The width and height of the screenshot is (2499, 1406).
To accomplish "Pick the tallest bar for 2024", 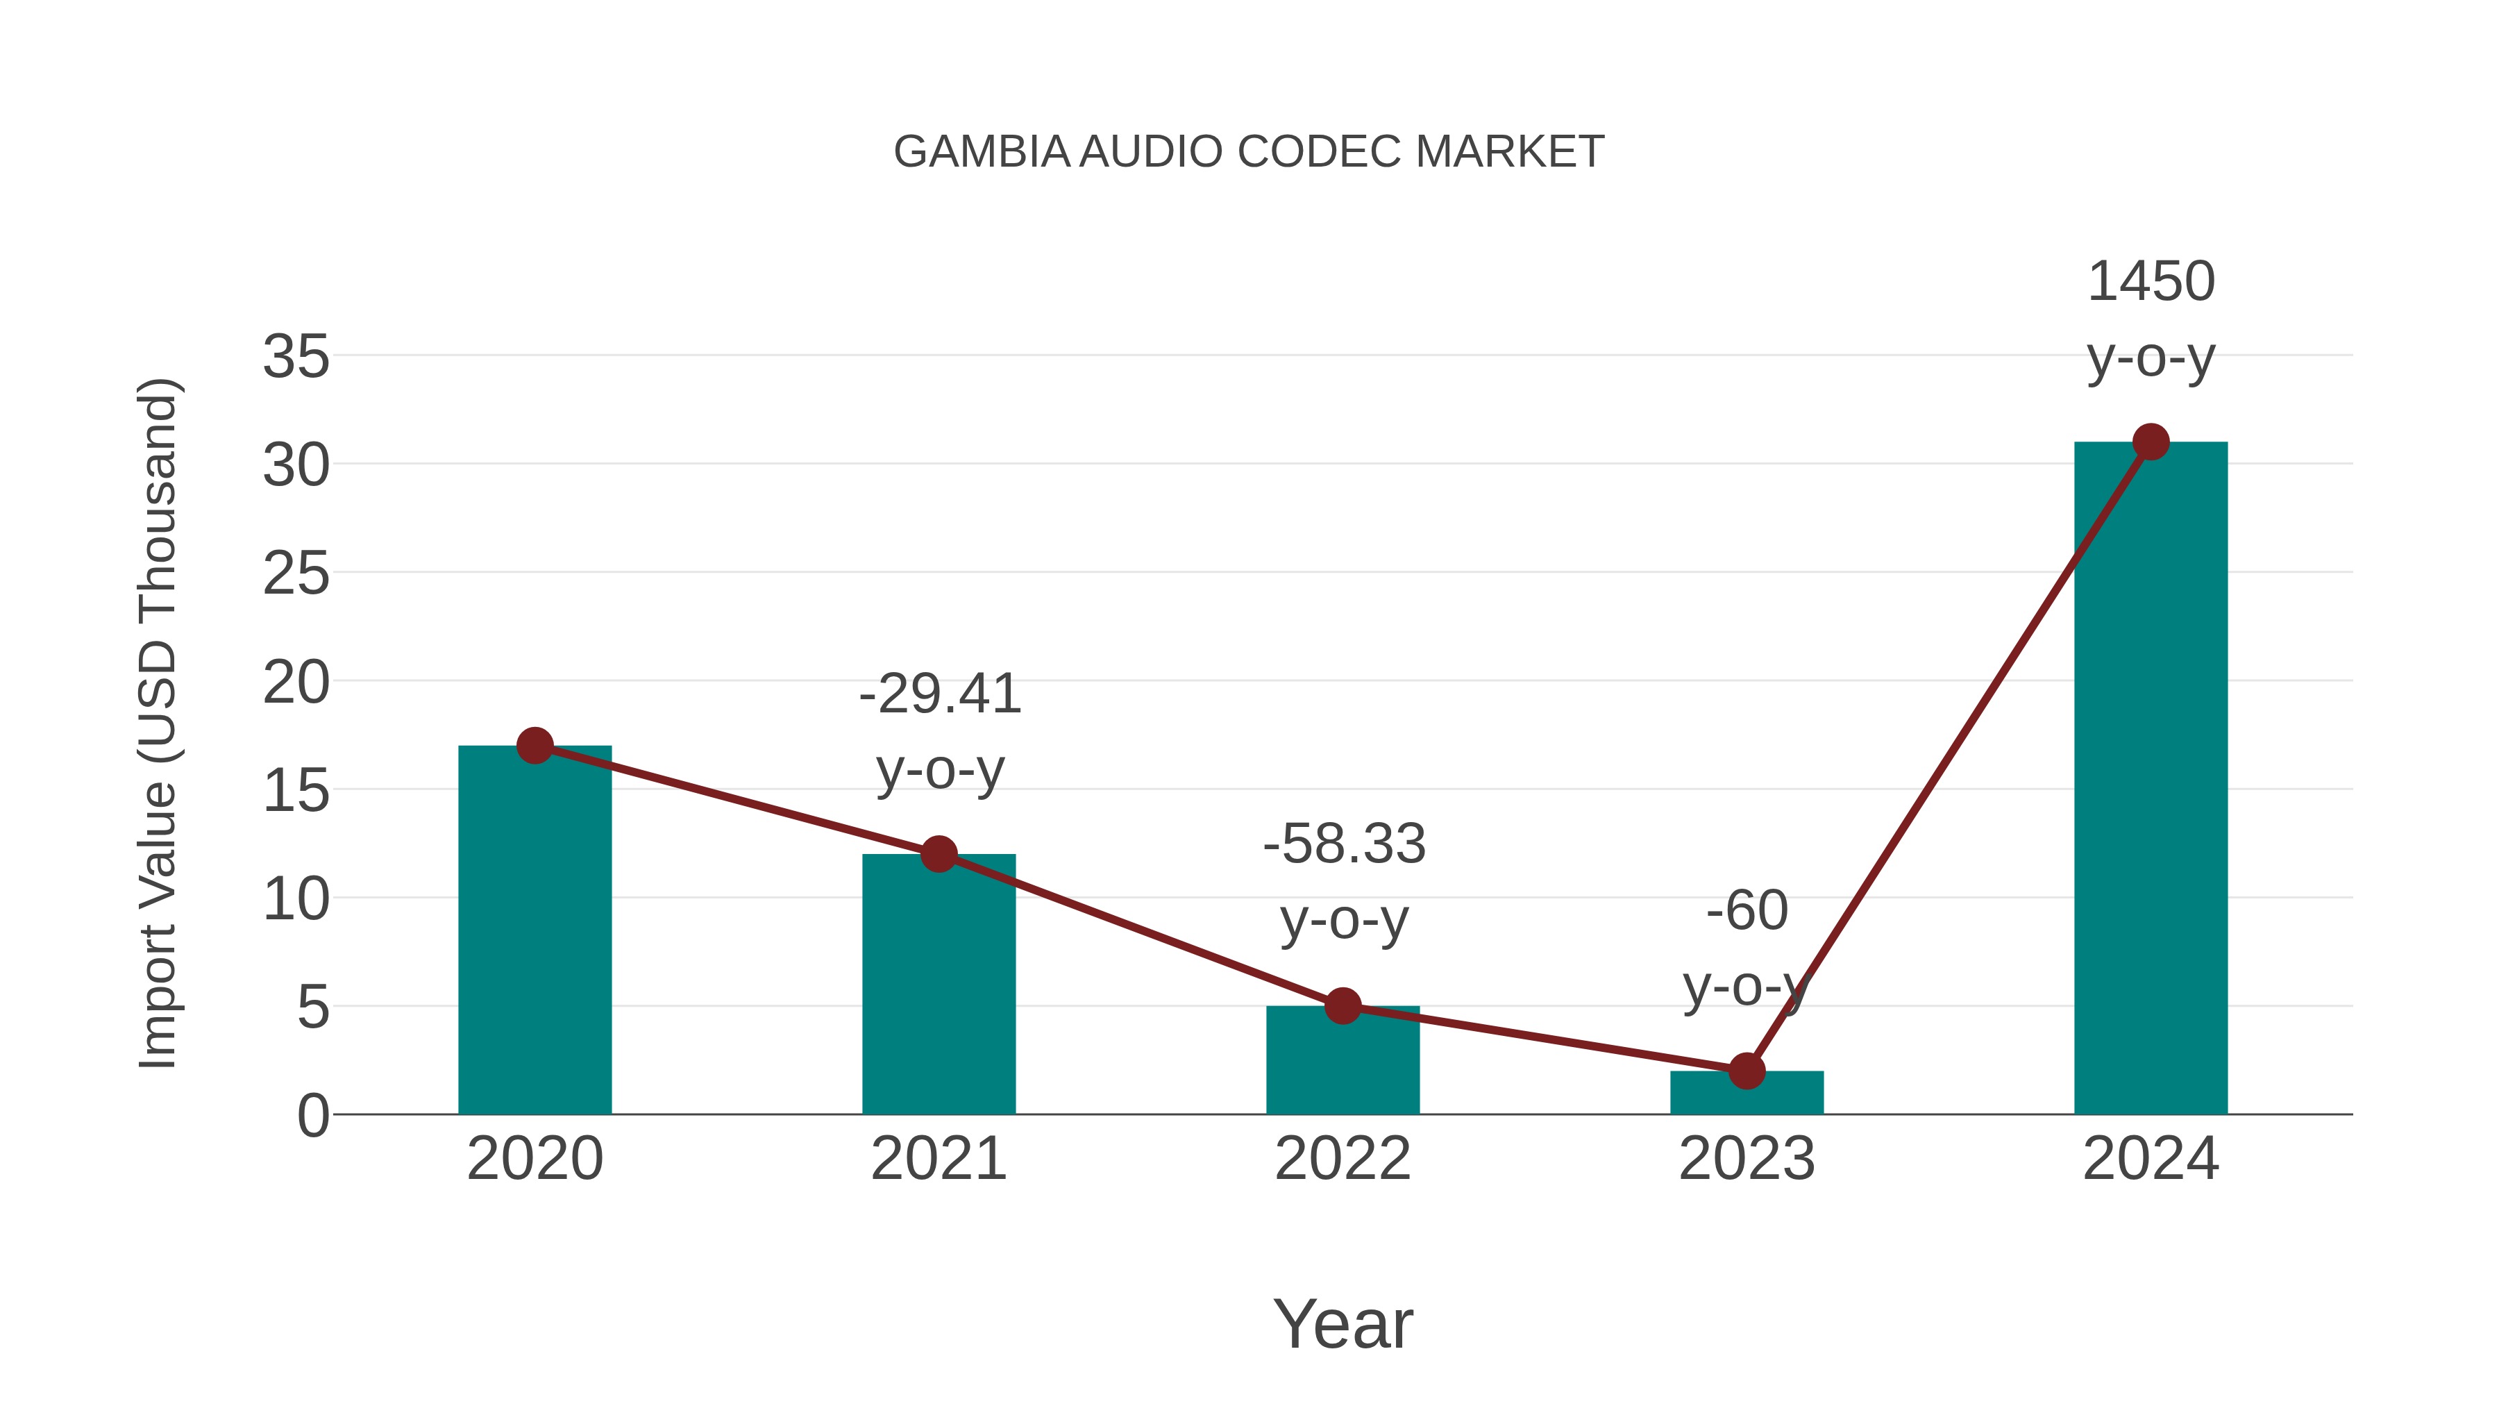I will [x=2151, y=777].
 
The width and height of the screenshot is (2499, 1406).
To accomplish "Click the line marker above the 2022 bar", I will [x=1343, y=1006].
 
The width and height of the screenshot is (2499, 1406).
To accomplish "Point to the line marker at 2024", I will [x=2151, y=442].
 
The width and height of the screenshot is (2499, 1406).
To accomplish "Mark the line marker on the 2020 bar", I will [x=535, y=746].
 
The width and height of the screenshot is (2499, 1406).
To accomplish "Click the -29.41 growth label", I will [x=940, y=695].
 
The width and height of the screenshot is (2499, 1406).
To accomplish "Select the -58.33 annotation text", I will [x=1344, y=844].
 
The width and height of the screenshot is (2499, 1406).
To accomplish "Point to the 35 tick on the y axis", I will [x=296, y=357].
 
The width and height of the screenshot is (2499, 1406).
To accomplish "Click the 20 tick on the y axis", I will [x=296, y=683].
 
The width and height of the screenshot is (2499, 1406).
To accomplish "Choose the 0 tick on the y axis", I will [x=312, y=1116].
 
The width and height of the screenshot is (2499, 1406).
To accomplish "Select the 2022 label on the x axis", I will [x=1343, y=1159].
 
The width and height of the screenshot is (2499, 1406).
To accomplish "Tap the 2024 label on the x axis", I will [x=2151, y=1159].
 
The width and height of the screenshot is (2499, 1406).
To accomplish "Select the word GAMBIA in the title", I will [x=981, y=152].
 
